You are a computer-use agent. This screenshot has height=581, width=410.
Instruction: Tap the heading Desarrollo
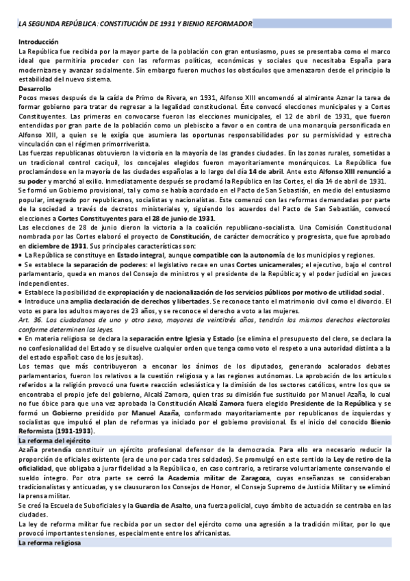[35, 89]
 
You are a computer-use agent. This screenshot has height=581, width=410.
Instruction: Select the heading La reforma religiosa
[50, 543]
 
